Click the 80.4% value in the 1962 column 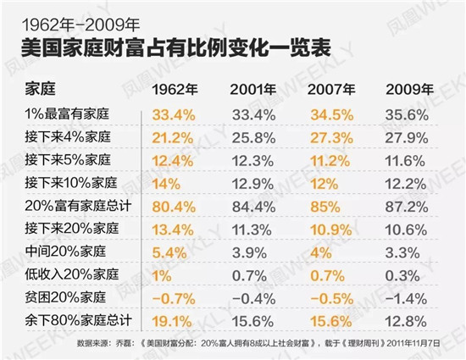pos(174,205)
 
